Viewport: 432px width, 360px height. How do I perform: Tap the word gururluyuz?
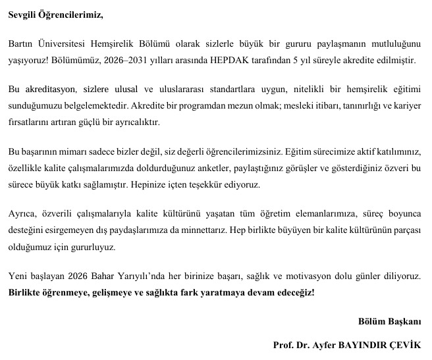click(x=95, y=247)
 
